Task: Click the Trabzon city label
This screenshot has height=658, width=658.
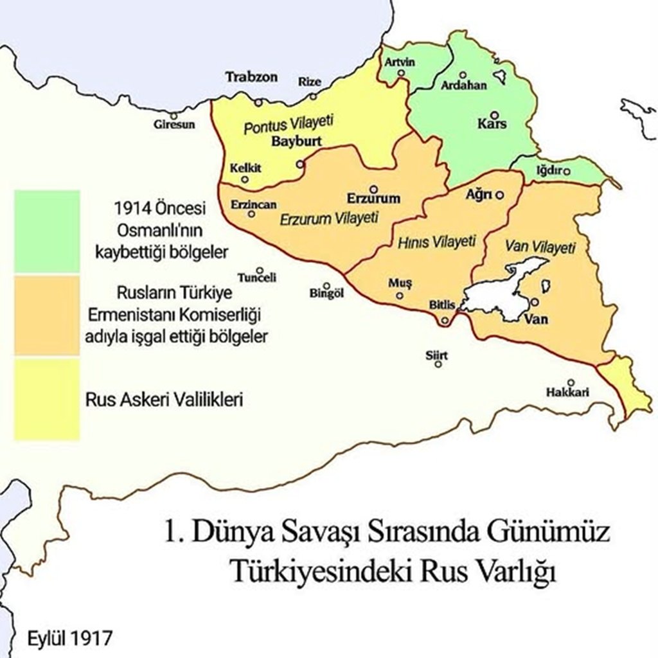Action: click(x=251, y=77)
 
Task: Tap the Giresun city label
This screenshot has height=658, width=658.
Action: click(x=173, y=125)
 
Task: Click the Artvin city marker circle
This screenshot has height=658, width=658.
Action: click(x=402, y=73)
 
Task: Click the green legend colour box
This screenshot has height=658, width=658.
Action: click(x=47, y=231)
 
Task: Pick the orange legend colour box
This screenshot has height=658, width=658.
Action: click(x=47, y=315)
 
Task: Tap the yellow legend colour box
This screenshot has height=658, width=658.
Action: click(x=47, y=399)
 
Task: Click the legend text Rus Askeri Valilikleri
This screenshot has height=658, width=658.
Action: click(x=163, y=399)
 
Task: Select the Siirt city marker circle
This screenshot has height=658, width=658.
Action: click(x=438, y=364)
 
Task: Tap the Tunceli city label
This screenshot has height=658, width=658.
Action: click(x=257, y=278)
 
